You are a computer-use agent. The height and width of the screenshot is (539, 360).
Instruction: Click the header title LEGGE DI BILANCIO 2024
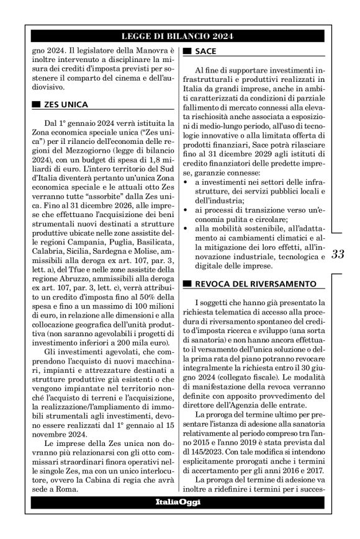pos(180,37)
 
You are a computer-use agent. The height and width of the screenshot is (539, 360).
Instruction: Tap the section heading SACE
pos(205,51)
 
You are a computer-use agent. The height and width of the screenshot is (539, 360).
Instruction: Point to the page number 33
pos(340,254)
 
